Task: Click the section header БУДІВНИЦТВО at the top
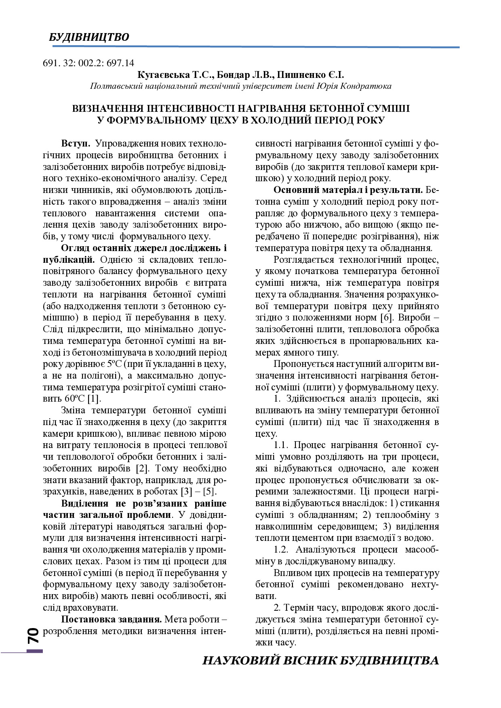click(89, 37)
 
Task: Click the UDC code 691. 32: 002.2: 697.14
click(88, 63)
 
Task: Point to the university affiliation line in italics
click(240, 86)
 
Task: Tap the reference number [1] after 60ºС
click(94, 399)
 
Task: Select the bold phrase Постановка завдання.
click(112, 619)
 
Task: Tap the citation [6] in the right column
click(387, 318)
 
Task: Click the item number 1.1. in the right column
click(281, 445)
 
